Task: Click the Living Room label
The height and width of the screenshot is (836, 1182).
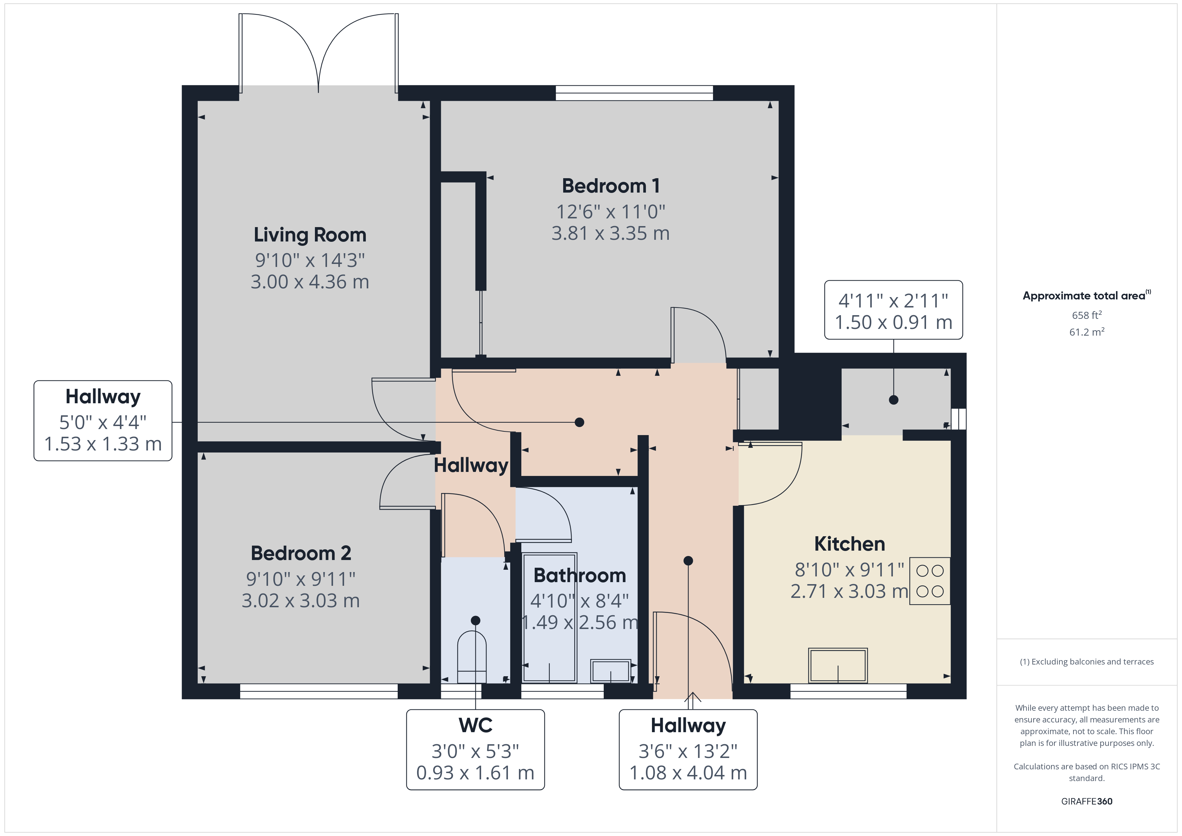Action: click(x=310, y=235)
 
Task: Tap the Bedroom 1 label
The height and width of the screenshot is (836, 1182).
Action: click(x=610, y=186)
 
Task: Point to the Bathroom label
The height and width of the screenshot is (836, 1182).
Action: click(x=580, y=575)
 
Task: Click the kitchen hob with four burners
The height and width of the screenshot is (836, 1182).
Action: click(x=930, y=581)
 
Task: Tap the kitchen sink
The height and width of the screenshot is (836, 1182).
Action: click(x=838, y=665)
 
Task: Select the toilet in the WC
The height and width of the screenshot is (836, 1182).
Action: click(x=472, y=657)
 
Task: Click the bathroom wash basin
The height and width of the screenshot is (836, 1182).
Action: click(x=610, y=671)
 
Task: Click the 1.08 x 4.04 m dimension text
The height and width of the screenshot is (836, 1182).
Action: click(x=688, y=773)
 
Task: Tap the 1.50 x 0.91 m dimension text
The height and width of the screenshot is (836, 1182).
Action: click(x=894, y=322)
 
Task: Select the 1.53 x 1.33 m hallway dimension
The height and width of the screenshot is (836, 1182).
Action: click(x=103, y=444)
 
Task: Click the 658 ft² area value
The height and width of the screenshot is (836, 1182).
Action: click(x=1087, y=315)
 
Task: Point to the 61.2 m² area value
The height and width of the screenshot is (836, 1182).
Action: click(x=1087, y=332)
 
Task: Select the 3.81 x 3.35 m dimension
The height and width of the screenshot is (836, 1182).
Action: click(x=610, y=233)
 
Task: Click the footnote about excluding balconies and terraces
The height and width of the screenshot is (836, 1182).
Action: click(x=1087, y=661)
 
